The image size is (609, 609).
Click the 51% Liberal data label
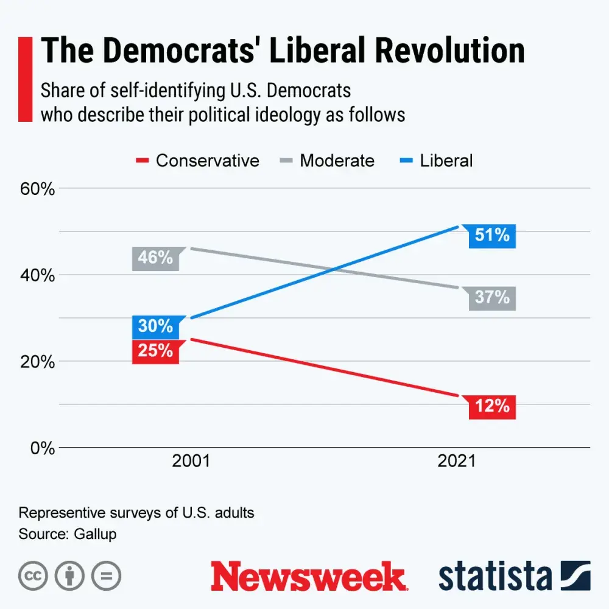(x=492, y=236)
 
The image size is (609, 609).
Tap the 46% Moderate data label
(x=155, y=258)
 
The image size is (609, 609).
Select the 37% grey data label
(x=492, y=298)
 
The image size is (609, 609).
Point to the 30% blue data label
(x=155, y=326)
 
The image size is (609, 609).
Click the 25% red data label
(x=155, y=351)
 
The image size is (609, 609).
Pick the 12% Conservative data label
(x=492, y=406)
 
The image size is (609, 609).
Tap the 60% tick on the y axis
(x=38, y=189)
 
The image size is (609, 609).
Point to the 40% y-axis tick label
(x=38, y=275)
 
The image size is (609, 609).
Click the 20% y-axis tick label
(x=38, y=362)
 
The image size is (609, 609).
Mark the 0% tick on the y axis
(x=42, y=448)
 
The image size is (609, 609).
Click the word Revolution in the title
(x=449, y=51)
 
